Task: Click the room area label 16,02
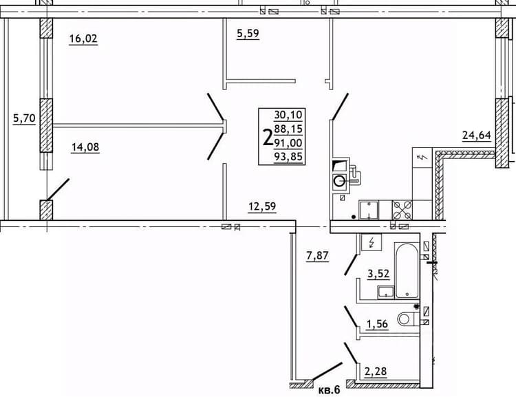83,39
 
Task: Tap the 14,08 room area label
85,147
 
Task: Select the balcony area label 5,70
24,118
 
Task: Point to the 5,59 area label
248,34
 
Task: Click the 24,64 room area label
477,135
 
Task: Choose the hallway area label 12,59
262,206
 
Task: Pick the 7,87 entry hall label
318,256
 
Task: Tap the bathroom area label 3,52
378,274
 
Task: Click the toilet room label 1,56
378,324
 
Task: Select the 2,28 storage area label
376,372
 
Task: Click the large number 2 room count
267,138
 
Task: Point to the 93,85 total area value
288,157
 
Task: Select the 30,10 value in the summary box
288,115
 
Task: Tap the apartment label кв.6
329,390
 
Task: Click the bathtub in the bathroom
407,270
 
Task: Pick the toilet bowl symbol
408,319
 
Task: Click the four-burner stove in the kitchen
402,210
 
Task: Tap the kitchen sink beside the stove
369,210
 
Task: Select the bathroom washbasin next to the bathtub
386,292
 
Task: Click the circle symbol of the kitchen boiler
340,181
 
